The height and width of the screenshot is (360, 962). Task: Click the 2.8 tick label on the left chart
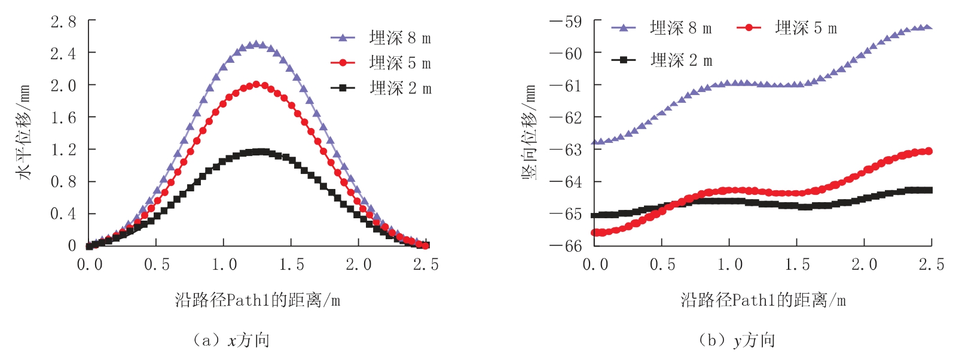pyautogui.click(x=63, y=22)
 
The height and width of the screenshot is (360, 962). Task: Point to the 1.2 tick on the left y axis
pyautogui.click(x=63, y=150)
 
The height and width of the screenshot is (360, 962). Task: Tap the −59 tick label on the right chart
pyautogui.click(x=566, y=22)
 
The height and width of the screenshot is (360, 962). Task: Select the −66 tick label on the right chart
pyautogui.click(x=566, y=246)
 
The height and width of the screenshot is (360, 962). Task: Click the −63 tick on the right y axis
pyautogui.click(x=566, y=150)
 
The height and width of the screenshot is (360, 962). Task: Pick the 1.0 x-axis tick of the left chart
pyautogui.click(x=224, y=264)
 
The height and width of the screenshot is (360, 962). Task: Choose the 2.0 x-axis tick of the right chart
pyautogui.click(x=864, y=264)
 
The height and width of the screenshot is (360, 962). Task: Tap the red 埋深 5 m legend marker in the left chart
pyautogui.click(x=343, y=63)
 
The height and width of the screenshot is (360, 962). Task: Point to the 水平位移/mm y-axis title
pyautogui.click(x=24, y=133)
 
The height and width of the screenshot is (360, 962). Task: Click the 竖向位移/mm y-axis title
pyautogui.click(x=529, y=133)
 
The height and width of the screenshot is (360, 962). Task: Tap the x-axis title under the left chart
pyautogui.click(x=258, y=300)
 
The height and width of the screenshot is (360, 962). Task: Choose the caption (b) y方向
pyautogui.click(x=737, y=340)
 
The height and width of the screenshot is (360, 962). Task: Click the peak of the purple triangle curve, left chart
pyautogui.click(x=256, y=44)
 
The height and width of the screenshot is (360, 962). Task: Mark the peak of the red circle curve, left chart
pyautogui.click(x=256, y=84)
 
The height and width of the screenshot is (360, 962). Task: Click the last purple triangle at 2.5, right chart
pyautogui.click(x=929, y=27)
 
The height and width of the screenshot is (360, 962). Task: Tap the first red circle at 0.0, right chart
pyautogui.click(x=595, y=233)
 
